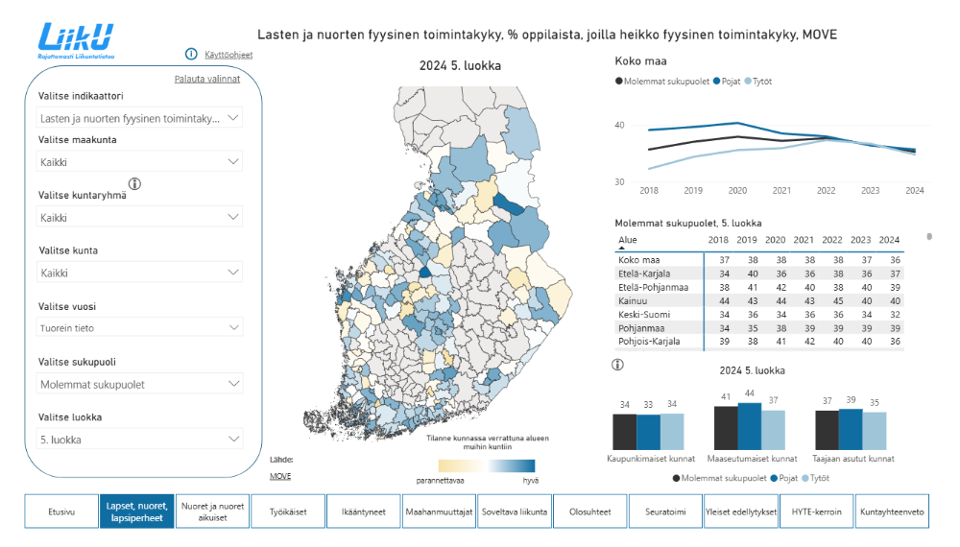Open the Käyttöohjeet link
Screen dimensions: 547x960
pos(228,55)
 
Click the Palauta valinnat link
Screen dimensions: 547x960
pos(206,79)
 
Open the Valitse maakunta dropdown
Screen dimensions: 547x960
pos(139,162)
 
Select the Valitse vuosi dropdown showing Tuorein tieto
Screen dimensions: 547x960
pos(139,328)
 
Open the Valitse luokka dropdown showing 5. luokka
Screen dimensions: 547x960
pos(139,440)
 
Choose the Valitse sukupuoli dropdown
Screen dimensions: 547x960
pos(139,384)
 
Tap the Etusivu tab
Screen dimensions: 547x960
pos(60,511)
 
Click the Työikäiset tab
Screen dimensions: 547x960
pos(288,511)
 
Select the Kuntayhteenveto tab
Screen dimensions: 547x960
pos(892,511)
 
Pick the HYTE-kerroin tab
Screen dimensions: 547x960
pos(816,511)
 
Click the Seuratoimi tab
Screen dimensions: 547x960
pos(664,511)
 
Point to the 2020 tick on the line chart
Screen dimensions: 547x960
pos(736,191)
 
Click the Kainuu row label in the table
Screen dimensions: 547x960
pos(635,301)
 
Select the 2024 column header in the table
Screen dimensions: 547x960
pos(889,240)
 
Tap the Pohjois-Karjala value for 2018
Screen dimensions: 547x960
pos(717,342)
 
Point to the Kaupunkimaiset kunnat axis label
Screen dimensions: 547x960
pos(648,460)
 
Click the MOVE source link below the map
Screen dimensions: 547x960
pos(280,476)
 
